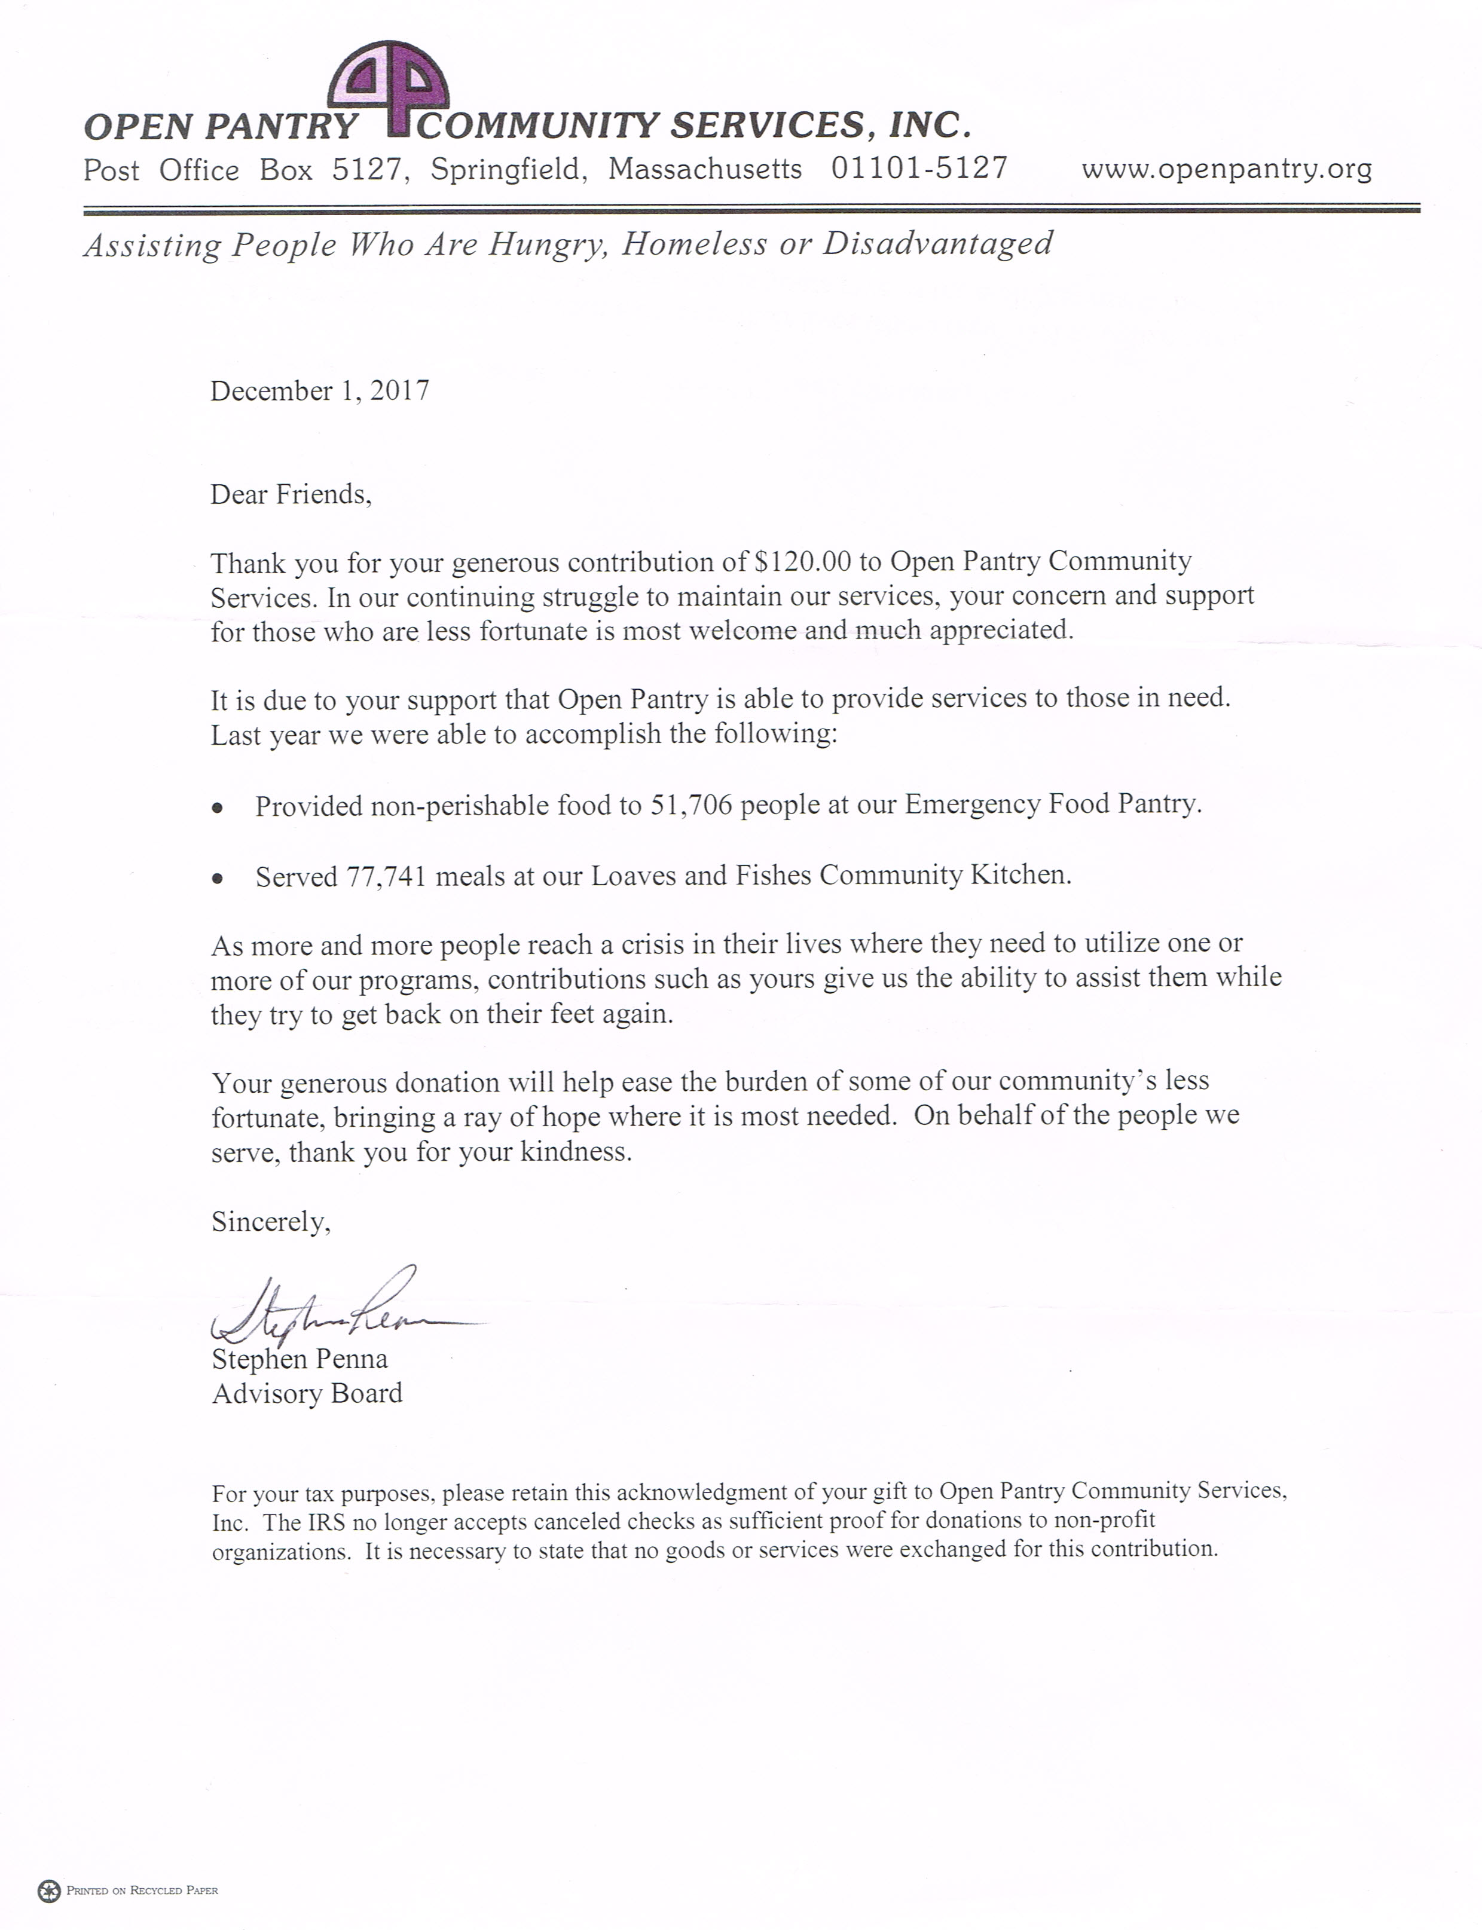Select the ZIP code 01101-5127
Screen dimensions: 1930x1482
pos(919,167)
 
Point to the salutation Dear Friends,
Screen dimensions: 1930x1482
pos(291,494)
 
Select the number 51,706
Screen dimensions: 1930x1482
pos(692,805)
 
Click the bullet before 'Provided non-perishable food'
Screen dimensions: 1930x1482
pos(217,807)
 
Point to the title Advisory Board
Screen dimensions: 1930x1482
pos(307,1394)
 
